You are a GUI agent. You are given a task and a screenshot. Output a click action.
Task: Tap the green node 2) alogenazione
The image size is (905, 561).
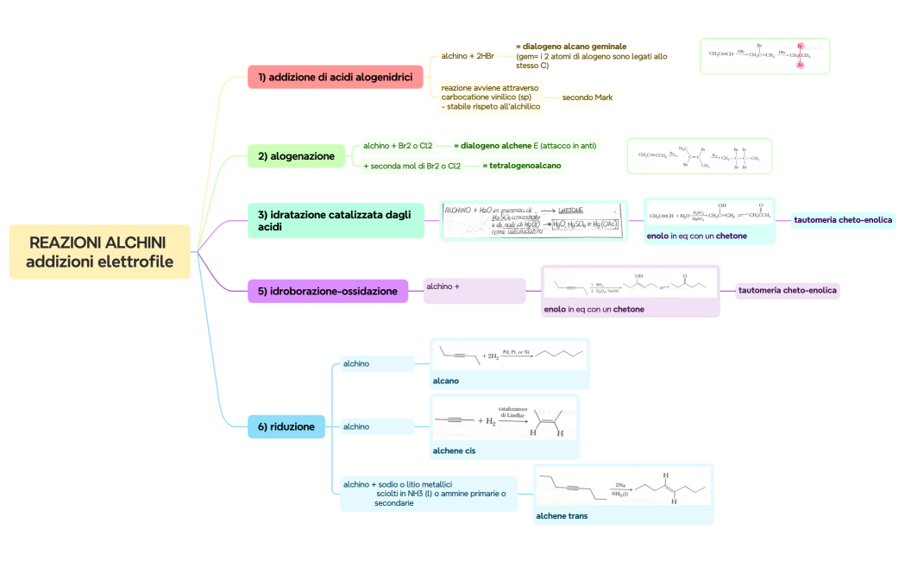296,156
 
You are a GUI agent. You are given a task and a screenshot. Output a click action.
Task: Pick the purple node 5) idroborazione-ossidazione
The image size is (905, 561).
327,291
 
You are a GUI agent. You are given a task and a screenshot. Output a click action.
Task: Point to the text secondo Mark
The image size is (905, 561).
587,98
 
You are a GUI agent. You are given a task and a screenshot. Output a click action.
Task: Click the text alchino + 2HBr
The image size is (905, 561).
467,56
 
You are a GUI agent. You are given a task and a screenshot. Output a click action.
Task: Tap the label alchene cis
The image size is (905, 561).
454,451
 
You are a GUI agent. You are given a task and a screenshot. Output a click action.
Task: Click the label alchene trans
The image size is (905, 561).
562,515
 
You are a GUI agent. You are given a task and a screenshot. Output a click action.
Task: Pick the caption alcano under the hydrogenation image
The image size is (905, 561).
445,381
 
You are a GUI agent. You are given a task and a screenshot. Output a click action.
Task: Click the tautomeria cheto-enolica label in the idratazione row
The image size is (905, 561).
842,220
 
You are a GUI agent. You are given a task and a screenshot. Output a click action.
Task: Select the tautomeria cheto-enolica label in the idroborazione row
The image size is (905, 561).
787,290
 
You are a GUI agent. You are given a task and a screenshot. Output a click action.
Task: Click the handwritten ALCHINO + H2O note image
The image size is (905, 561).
533,220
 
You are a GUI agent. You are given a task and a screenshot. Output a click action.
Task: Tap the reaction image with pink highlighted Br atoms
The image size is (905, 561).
764,56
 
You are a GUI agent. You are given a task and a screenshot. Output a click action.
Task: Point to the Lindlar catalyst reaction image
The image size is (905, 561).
505,420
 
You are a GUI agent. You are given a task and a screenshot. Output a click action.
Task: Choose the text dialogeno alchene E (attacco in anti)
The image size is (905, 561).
525,146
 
